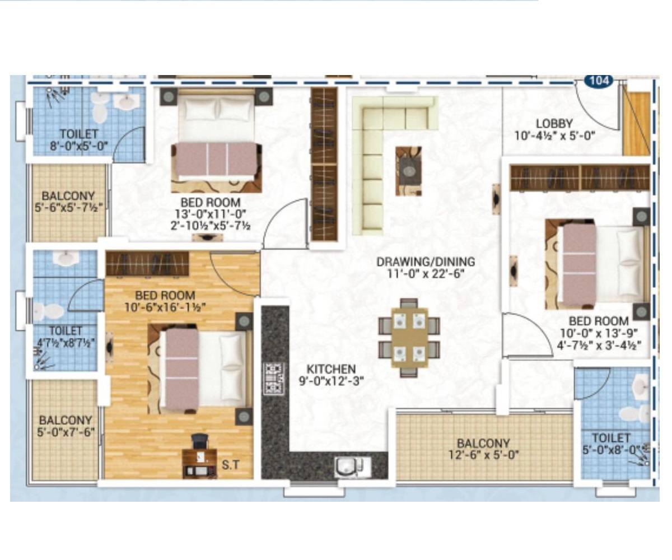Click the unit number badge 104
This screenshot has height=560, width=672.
coord(600,81)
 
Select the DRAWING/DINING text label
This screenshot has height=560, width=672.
coord(426,262)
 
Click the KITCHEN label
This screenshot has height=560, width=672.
coord(331,370)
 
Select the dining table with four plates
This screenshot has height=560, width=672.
coord(409,337)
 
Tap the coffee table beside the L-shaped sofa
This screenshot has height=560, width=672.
coord(409,170)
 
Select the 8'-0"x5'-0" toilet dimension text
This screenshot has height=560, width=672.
coord(79,147)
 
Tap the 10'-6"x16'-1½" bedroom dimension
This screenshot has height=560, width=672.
coord(166,307)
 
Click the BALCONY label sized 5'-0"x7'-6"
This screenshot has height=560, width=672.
coord(66,420)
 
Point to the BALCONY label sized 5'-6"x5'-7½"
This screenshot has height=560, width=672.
coord(68,197)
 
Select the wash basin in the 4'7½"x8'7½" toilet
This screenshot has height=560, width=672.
coord(66,258)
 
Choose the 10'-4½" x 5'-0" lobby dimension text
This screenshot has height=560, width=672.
coord(554,136)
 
